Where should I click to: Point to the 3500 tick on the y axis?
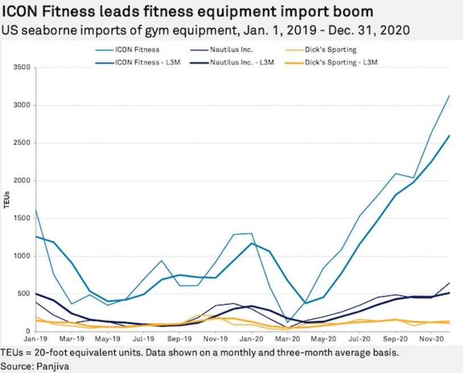[x=21, y=68]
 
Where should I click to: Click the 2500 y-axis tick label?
[x=21, y=144]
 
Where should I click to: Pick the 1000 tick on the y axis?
[x=21, y=256]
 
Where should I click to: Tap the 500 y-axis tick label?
[x=23, y=294]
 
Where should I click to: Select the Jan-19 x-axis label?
[x=36, y=338]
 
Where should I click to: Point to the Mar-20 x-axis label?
[x=288, y=338]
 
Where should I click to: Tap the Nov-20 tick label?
[x=432, y=338]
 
